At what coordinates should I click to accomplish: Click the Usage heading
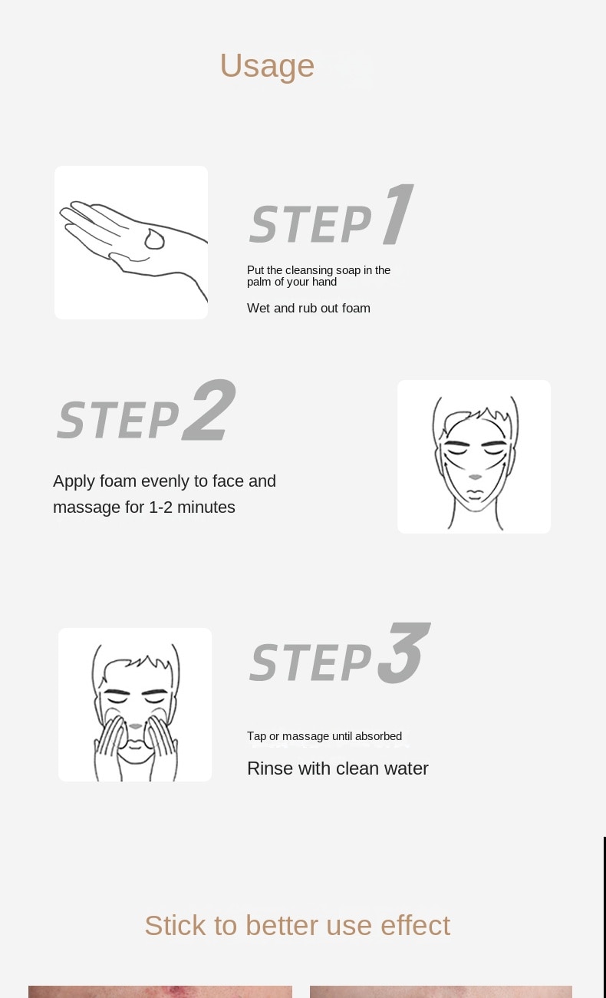[x=267, y=66]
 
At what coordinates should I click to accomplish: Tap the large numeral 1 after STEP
[x=399, y=214]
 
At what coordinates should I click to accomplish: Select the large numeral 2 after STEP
[x=209, y=410]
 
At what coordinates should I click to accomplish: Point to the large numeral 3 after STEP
[x=403, y=653]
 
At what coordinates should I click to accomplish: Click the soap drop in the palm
[x=154, y=240]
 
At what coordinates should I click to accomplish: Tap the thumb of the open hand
[x=129, y=259]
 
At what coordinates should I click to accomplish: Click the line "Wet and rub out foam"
[x=308, y=309]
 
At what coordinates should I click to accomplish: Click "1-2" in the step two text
[x=160, y=507]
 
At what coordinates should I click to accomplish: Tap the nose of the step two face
[x=475, y=477]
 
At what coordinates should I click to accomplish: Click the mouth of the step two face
[x=475, y=493]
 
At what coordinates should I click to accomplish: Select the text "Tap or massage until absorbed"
[x=324, y=736]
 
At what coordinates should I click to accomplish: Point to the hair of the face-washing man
[x=136, y=660]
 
